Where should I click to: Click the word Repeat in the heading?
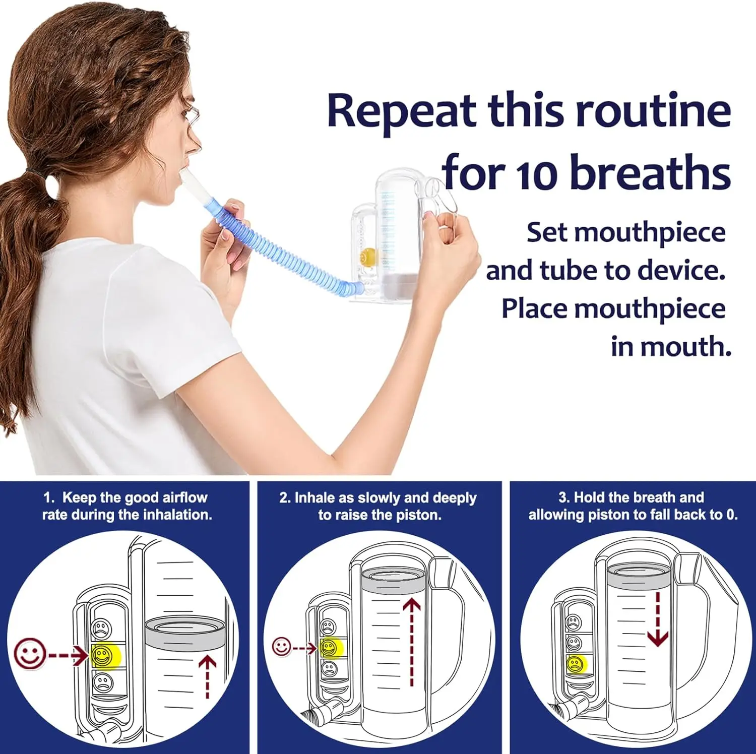[401, 111]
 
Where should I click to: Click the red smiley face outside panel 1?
[29, 654]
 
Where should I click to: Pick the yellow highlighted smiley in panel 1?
[103, 655]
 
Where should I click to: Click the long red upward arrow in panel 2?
[412, 640]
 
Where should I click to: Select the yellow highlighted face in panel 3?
[575, 664]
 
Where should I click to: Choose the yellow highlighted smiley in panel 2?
[329, 648]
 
